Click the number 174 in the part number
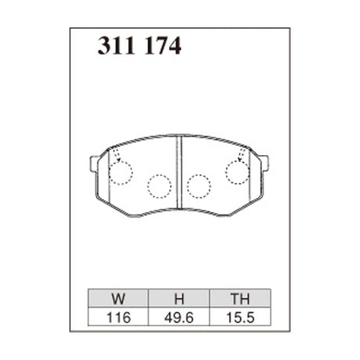[x=162, y=47]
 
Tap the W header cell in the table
[x=117, y=297]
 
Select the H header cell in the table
[x=178, y=297]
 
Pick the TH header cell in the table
[x=240, y=297]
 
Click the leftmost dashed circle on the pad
[x=121, y=172]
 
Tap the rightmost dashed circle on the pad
[x=238, y=172]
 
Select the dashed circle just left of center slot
[x=160, y=185]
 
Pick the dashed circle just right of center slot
[x=199, y=185]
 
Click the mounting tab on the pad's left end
[x=94, y=164]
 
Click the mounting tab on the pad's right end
[x=264, y=164]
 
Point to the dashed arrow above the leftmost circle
[x=116, y=154]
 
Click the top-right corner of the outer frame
[x=290, y=29]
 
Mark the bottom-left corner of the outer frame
[x=70, y=331]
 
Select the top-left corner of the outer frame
[x=70, y=29]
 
